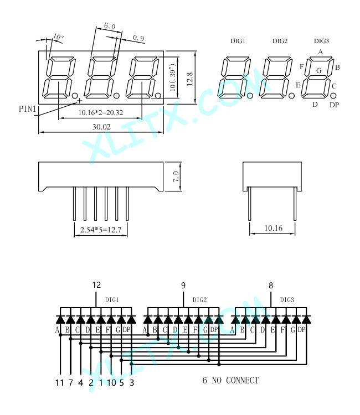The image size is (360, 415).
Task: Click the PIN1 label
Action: [x=27, y=108]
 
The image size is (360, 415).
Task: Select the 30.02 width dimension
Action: [x=101, y=127]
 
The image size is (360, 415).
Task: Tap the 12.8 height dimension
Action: [x=189, y=79]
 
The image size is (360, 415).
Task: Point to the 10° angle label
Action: [x=58, y=37]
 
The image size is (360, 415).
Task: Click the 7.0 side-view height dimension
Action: [x=176, y=177]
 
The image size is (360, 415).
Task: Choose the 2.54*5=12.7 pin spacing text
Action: [x=101, y=230]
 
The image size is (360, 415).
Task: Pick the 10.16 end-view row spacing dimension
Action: [x=274, y=228]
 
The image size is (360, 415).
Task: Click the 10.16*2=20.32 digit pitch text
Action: [x=101, y=113]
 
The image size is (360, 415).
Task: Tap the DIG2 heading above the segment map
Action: [x=280, y=41]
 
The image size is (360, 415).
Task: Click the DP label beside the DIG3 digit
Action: [x=335, y=105]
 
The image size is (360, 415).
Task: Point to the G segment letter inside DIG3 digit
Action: [x=319, y=70]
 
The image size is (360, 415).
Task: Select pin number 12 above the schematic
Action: [x=97, y=285]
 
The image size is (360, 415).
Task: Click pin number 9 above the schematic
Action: [x=183, y=286]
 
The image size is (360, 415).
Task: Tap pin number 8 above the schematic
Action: [x=271, y=286]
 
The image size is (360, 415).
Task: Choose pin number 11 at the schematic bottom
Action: [x=60, y=382]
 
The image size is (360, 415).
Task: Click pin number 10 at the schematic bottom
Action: [x=111, y=382]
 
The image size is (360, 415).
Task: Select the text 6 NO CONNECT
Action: [x=230, y=380]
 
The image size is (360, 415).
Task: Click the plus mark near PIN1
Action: [x=79, y=101]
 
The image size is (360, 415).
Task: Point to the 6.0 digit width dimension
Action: [x=110, y=26]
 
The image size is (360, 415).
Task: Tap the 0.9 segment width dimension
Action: [x=138, y=38]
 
